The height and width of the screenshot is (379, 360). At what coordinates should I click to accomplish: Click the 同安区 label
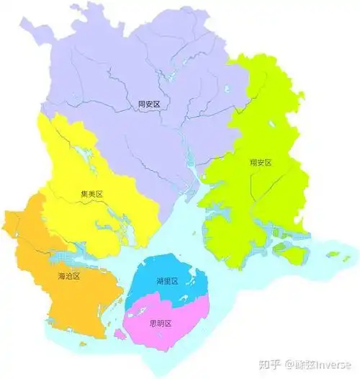coord(148,104)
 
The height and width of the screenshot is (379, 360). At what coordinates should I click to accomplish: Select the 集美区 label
coord(93,195)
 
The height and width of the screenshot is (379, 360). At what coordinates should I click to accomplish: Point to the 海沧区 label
coord(69,276)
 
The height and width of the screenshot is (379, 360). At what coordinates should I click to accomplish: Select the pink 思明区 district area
coord(173,328)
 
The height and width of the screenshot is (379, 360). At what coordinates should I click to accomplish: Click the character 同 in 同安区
coord(142,104)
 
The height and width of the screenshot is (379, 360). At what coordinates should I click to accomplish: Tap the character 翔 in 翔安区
coord(253,163)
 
